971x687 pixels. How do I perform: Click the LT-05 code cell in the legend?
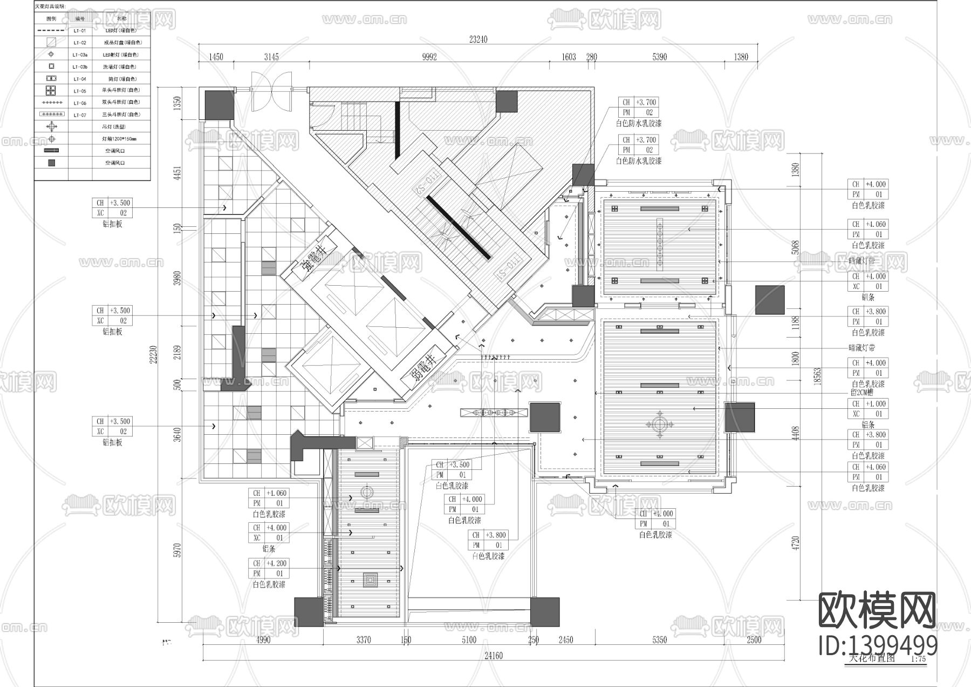80,91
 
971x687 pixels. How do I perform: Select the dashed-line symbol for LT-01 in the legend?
51,31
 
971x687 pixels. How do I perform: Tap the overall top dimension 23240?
478,39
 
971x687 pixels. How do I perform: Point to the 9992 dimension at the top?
429,57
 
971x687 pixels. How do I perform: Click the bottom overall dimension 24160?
493,656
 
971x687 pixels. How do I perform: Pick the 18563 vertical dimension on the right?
817,376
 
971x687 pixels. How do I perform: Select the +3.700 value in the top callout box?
646,102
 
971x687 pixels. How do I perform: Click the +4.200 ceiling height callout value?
276,563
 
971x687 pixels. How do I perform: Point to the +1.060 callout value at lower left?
276,493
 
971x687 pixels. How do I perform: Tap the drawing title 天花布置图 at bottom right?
872,658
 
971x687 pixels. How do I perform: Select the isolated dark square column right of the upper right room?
769,300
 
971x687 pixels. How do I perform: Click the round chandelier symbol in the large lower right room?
659,422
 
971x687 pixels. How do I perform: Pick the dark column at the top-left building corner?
218,105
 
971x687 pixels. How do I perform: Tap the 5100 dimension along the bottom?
469,640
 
